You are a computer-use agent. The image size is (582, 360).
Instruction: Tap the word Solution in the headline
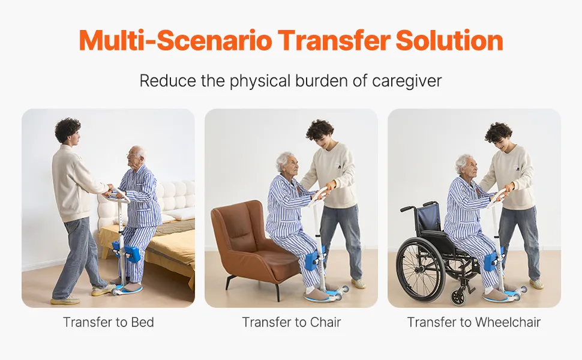pyautogui.click(x=449, y=40)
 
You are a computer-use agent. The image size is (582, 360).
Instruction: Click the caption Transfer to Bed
pyautogui.click(x=109, y=322)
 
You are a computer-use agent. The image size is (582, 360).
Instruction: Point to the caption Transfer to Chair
pyautogui.click(x=292, y=322)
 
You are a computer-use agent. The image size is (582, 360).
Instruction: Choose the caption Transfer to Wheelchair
pyautogui.click(x=474, y=322)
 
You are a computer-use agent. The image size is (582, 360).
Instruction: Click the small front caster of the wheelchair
pyautogui.click(x=458, y=296)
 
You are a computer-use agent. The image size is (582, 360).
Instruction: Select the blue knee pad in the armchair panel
pyautogui.click(x=315, y=259)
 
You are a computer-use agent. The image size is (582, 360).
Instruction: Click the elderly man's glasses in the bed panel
pyautogui.click(x=132, y=154)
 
